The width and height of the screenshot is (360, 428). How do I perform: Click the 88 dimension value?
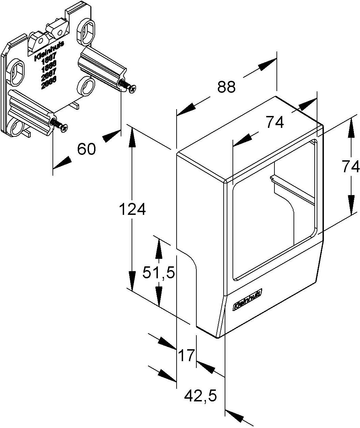226,87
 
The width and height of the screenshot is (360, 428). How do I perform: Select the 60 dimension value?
86,149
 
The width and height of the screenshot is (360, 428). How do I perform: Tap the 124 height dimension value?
132,209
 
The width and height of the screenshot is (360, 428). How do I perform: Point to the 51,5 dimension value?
158,272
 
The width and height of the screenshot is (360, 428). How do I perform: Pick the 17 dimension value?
186,355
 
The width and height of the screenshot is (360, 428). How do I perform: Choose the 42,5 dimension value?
200,396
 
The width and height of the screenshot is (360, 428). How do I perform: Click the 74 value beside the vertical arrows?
351,167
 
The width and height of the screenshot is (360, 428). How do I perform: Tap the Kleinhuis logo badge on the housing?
247,300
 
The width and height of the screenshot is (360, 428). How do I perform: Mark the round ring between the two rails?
85,86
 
